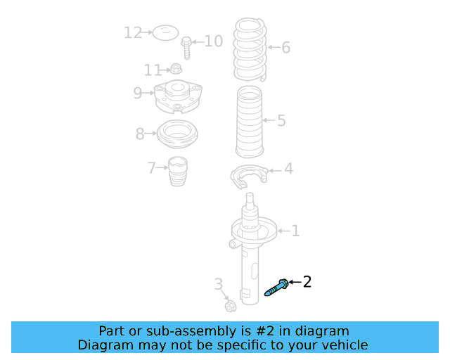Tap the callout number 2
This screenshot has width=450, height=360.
[307, 282]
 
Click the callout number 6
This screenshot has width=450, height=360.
[285, 48]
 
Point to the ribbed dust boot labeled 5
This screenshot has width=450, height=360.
[250, 122]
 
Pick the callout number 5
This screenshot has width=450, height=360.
[281, 121]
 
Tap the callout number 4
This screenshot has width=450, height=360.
[288, 169]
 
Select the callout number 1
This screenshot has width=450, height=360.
[295, 231]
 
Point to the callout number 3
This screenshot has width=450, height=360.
[218, 284]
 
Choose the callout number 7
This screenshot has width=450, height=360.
[152, 168]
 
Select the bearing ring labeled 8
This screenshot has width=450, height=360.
[177, 134]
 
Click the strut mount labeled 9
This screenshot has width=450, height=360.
[178, 96]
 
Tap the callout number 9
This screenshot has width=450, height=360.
[137, 92]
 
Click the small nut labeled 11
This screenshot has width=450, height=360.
[177, 69]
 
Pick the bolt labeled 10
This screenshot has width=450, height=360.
[186, 48]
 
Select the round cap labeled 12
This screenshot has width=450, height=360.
[166, 32]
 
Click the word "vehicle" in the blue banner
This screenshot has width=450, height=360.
[343, 345]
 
